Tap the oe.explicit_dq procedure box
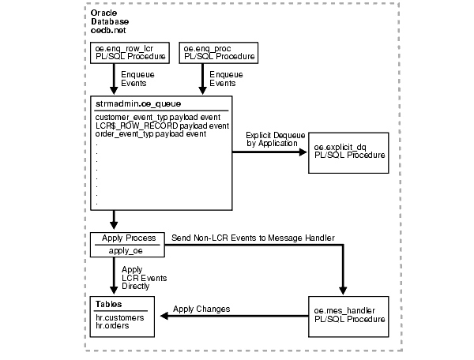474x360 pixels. pos(349,151)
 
